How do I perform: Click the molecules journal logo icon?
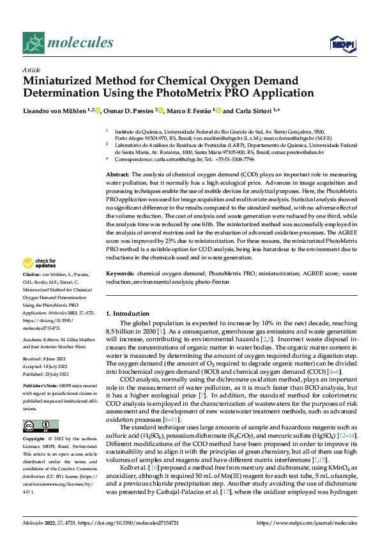(x=33, y=43)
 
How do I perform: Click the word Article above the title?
(x=31, y=70)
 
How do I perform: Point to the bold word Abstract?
(x=118, y=174)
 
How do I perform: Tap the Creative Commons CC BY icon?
(x=40, y=426)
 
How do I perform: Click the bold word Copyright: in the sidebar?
(x=35, y=440)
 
